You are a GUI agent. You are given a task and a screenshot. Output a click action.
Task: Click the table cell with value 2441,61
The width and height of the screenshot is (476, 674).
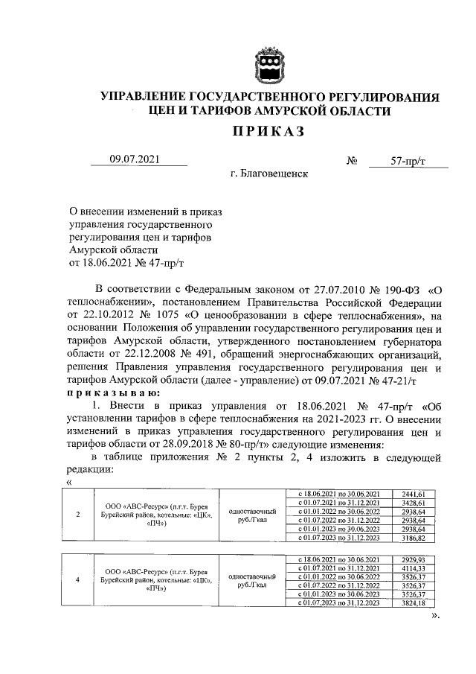[x=413, y=494]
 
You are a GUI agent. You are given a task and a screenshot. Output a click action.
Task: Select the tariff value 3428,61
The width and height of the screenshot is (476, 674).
[x=413, y=503]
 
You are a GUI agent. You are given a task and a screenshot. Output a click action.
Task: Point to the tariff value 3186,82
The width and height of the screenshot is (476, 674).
[x=413, y=536]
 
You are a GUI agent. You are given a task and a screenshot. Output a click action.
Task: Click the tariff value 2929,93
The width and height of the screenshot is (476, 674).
[x=413, y=559]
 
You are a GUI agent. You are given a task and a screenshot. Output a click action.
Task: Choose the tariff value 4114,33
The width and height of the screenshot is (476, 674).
[x=413, y=568]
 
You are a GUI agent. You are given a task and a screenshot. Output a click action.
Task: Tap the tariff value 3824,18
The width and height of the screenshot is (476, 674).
[x=413, y=603]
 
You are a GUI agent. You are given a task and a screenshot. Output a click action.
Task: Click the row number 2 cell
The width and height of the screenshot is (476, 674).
[x=79, y=515]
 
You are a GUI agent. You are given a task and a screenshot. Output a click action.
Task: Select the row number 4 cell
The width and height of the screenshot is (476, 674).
[x=79, y=581]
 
